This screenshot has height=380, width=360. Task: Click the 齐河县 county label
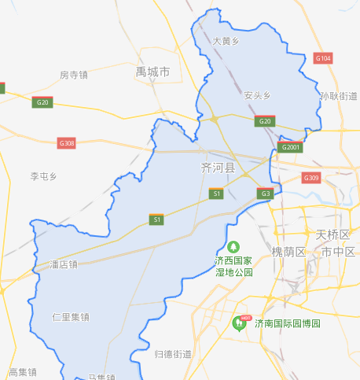218,168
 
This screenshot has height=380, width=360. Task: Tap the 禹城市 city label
152,72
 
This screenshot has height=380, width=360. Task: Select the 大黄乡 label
226,39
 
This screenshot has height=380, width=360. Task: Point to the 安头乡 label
257,95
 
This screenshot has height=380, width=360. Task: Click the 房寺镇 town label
73,76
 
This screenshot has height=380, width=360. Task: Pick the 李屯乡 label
44,176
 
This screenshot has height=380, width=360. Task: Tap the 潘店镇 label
64,264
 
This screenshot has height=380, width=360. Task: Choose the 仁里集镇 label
71,317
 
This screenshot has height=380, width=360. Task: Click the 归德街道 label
173,354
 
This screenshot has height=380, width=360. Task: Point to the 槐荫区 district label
288,251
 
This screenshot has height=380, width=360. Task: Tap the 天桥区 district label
332,234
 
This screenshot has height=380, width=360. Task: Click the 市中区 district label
339,251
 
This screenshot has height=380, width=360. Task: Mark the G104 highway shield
323,58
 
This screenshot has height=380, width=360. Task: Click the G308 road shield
67,142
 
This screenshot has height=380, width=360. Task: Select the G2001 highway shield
291,147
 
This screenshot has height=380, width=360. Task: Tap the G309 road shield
311,178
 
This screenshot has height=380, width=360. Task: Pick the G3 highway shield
266,194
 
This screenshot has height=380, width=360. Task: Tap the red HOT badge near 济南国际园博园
246,318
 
